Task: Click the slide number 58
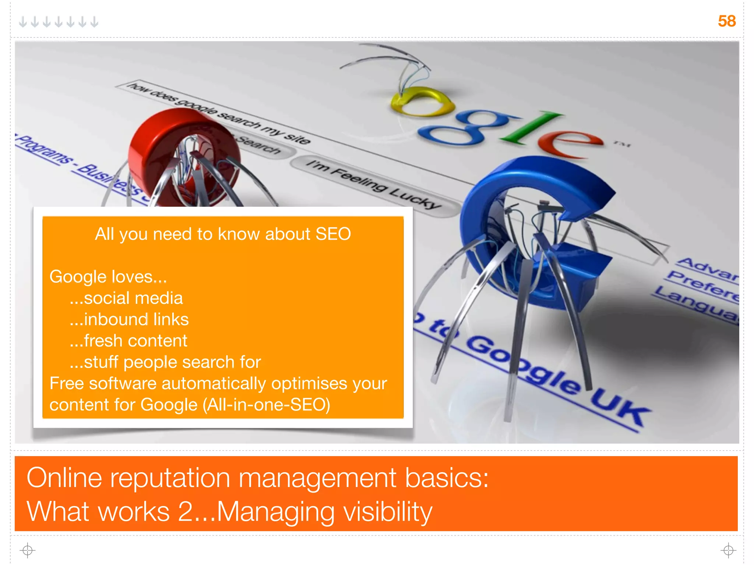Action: (x=726, y=21)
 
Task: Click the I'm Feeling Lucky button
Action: (x=374, y=184)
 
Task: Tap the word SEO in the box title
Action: (x=333, y=234)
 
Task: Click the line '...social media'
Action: (x=126, y=298)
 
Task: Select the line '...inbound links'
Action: (x=129, y=319)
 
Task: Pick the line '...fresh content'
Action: (x=128, y=341)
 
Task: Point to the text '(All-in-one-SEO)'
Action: (x=266, y=405)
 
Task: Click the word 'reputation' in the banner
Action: (x=170, y=478)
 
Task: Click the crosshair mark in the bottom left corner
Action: (x=28, y=550)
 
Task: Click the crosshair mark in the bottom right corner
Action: (x=728, y=550)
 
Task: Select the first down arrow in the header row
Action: (x=23, y=22)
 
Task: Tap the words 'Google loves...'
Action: (x=108, y=277)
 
